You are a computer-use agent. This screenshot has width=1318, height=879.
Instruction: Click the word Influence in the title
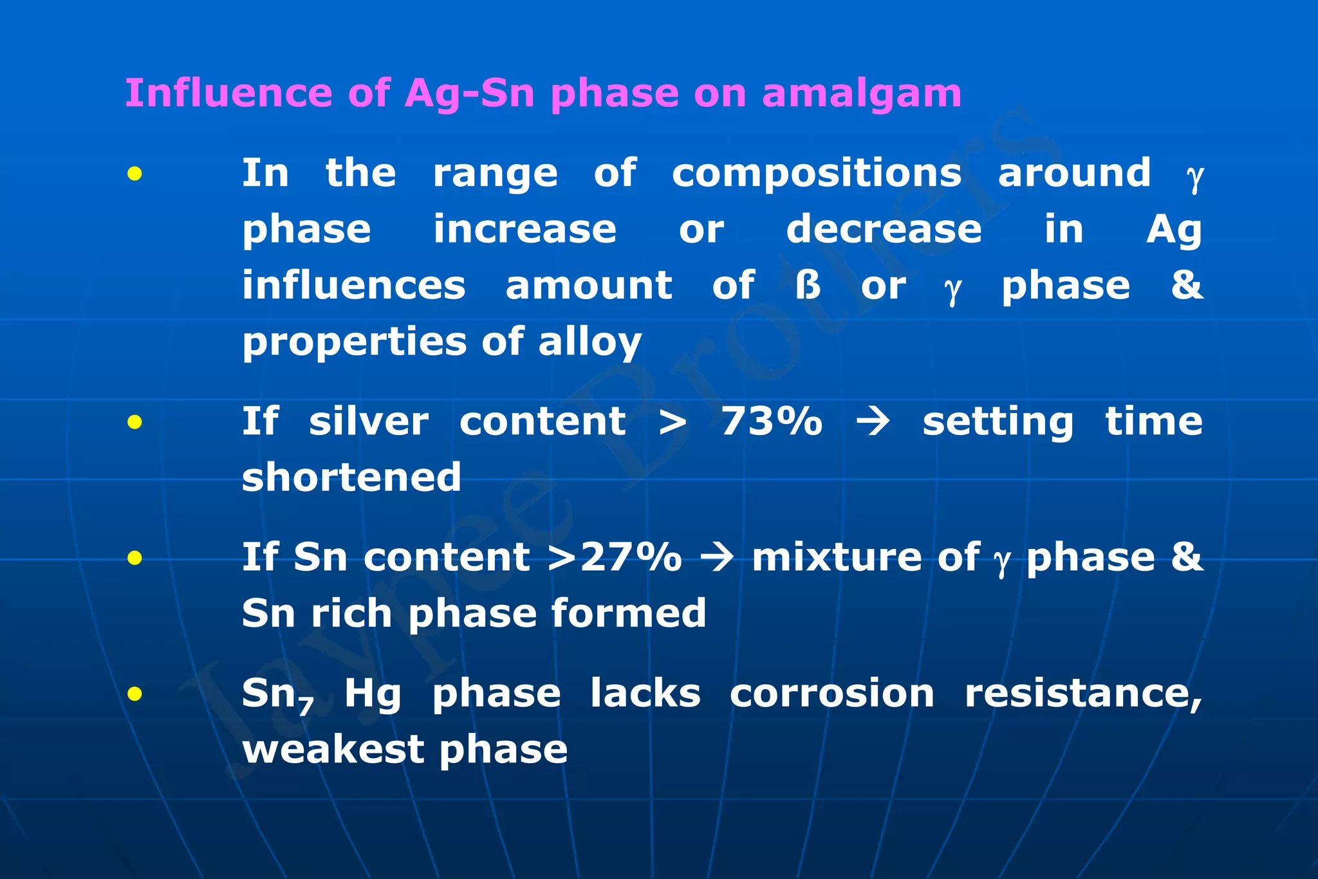pyautogui.click(x=228, y=93)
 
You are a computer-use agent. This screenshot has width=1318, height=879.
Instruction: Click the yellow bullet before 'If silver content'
pyautogui.click(x=135, y=422)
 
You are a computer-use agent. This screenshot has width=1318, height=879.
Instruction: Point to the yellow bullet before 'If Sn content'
pyautogui.click(x=135, y=558)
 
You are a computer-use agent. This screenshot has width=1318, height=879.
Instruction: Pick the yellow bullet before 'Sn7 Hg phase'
pyautogui.click(x=135, y=694)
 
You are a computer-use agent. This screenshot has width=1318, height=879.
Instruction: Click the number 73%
pyautogui.click(x=771, y=422)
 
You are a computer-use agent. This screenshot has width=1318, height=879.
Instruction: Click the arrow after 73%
pyautogui.click(x=873, y=422)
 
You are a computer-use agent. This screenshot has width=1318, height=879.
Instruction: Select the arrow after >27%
pyautogui.click(x=716, y=557)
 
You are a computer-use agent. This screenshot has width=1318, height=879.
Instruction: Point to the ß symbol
pyautogui.click(x=808, y=286)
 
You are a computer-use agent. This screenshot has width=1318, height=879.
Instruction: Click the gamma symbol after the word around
pyautogui.click(x=1194, y=175)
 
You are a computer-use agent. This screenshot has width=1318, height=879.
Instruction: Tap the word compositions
pyautogui.click(x=816, y=174)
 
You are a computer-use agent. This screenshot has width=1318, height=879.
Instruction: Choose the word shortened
pyautogui.click(x=351, y=477)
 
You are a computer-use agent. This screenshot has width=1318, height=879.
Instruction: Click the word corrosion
pyautogui.click(x=831, y=694)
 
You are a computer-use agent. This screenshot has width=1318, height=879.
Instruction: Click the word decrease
pyautogui.click(x=884, y=229)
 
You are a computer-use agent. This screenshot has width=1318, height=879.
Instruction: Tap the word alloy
pyautogui.click(x=589, y=342)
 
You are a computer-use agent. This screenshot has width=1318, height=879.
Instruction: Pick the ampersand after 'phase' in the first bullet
pyautogui.click(x=1186, y=285)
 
